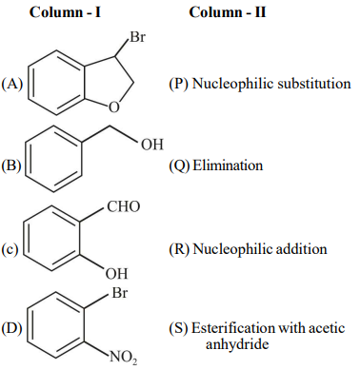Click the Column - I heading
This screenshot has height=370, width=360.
[x=65, y=12]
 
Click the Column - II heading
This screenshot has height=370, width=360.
[x=228, y=12]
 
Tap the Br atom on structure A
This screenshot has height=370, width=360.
[x=137, y=37]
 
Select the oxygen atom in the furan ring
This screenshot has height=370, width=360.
[x=114, y=107]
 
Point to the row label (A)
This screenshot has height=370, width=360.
[x=12, y=84]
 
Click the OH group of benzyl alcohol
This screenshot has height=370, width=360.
[x=152, y=145]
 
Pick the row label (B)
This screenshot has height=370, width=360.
[x=11, y=166]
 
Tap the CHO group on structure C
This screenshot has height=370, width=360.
[x=124, y=206]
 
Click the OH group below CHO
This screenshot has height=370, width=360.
[x=117, y=273]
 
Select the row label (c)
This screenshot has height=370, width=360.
[x=10, y=249]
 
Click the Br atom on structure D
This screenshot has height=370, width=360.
[x=119, y=292]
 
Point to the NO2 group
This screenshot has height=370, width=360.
[x=124, y=358]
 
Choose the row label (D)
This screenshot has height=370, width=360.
[x=11, y=328]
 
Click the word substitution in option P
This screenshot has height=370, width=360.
[x=314, y=84]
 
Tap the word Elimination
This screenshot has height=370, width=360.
[x=228, y=166]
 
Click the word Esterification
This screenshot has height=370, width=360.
[x=229, y=328]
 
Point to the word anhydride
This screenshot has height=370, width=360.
[x=237, y=344]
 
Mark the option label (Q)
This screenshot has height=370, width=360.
[x=179, y=166]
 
